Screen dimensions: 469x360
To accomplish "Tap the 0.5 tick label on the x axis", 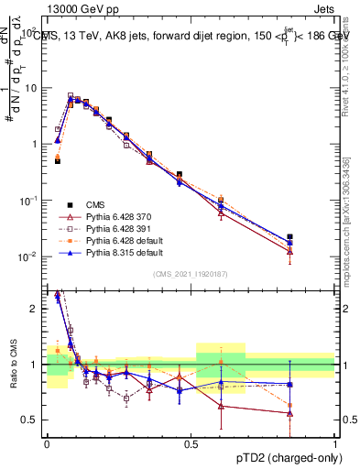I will pos(191,442).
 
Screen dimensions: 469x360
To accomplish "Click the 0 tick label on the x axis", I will pos(47,442).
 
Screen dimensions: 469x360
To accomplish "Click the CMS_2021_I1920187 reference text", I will pos(191,274).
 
